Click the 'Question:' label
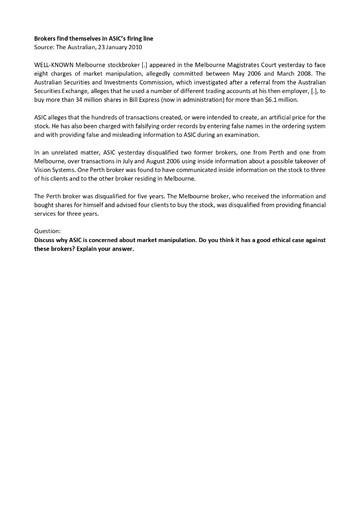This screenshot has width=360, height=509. [x=47, y=231]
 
